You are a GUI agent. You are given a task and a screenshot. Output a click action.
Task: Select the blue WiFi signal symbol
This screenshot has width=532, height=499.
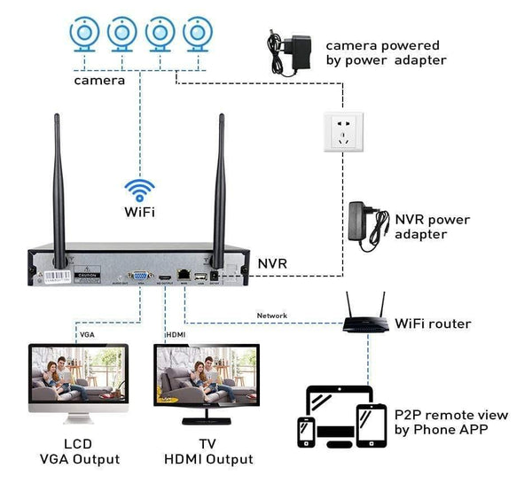tap(139, 190)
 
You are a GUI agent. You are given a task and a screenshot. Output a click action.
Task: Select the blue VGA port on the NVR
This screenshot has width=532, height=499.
tap(139, 277)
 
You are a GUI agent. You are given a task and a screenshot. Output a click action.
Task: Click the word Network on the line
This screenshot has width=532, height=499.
tap(271, 316)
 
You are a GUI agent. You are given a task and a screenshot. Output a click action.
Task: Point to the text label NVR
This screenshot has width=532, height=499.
tap(273, 263)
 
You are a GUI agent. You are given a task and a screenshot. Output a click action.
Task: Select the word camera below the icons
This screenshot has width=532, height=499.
tap(99, 80)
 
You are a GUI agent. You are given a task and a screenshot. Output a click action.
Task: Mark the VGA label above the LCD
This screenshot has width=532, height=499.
tap(87, 335)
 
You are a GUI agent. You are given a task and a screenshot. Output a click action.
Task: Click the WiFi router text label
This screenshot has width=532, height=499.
tap(433, 324)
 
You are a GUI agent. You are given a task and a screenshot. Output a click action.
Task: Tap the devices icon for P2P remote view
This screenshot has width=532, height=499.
tap(344, 416)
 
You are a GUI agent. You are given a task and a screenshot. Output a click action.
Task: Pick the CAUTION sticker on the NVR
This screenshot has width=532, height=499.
tap(61, 277)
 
